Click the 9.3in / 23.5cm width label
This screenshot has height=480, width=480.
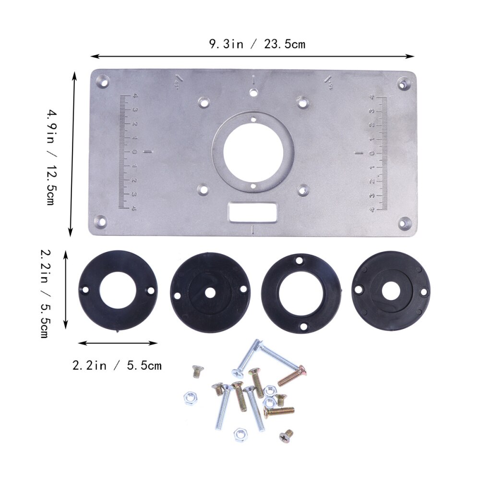pos(257,45)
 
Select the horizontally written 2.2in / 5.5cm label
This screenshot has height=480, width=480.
pos(117,366)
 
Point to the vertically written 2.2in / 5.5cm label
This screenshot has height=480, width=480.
pos(44,293)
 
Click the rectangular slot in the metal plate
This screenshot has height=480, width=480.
pos(252,211)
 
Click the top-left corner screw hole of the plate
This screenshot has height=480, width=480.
pos(102,82)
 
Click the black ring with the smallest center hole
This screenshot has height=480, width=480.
pos(210,293)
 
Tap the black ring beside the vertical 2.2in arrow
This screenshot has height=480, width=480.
pos(118,291)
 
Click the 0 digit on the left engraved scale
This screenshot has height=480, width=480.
pos(134,152)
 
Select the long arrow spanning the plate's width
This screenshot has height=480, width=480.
pos(252,56)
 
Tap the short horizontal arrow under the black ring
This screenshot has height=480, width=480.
pos(118,343)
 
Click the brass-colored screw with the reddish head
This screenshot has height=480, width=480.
pos(292,376)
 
